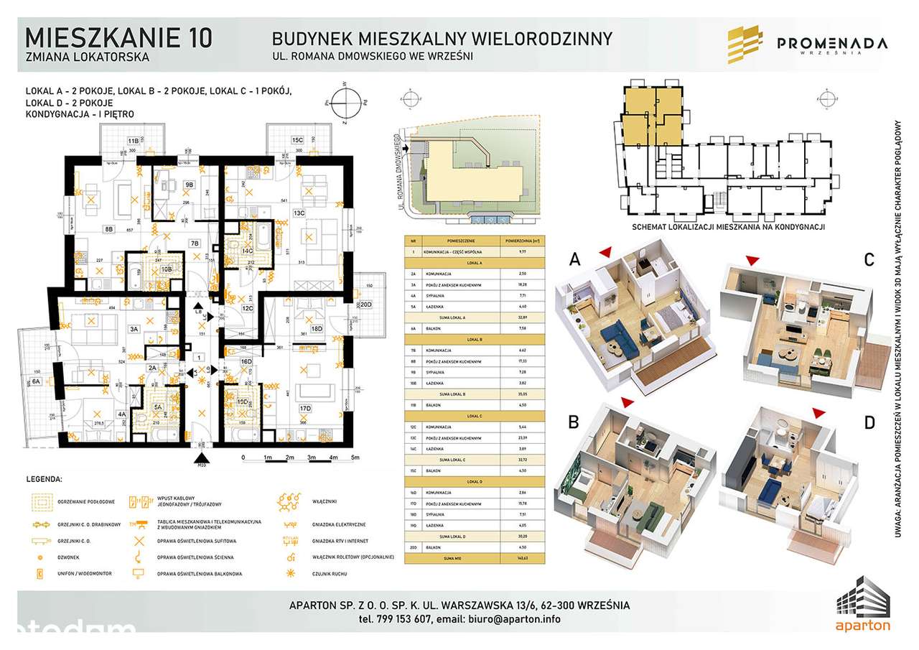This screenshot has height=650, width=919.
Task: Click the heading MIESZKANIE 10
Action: click(118, 37)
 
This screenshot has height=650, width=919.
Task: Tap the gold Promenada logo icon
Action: click(745, 45)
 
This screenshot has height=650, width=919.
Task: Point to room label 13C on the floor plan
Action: click(299, 213)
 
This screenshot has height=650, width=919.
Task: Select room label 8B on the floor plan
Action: click(109, 229)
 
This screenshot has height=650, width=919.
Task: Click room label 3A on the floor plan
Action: click(134, 330)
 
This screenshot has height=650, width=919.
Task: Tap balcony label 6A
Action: click(36, 383)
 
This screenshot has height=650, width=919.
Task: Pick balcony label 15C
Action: click(297, 140)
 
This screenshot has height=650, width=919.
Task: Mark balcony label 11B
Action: click(133, 140)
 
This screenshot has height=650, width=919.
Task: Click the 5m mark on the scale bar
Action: click(355, 458)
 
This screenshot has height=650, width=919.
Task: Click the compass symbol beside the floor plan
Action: click(345, 103)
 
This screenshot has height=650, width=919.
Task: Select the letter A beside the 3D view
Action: click(574, 259)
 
